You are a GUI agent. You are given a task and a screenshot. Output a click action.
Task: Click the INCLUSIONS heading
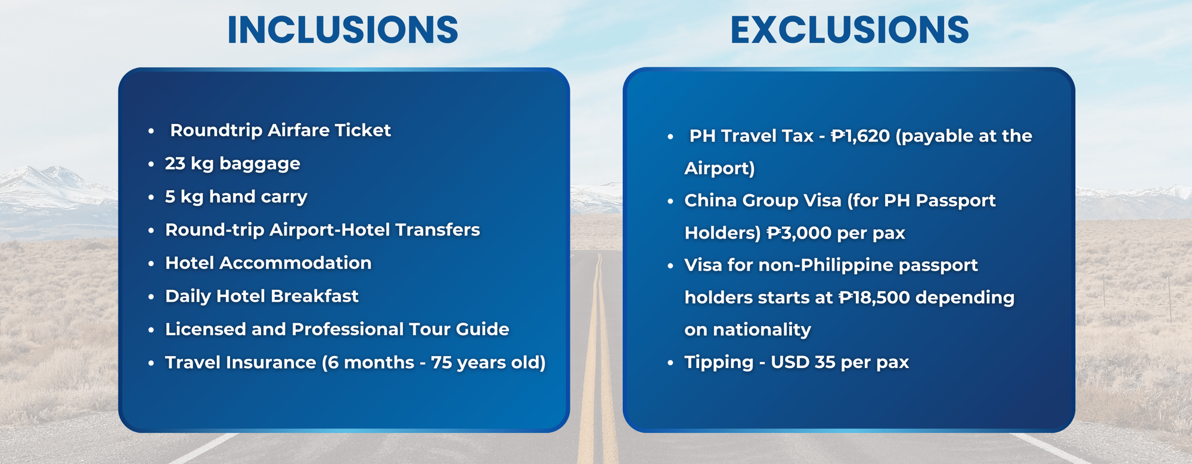pos(343,30)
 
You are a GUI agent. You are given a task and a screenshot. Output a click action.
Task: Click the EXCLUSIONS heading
pos(850,30)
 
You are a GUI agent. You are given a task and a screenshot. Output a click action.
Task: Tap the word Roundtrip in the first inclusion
pos(216,131)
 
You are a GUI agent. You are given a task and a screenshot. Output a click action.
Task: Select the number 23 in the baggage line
pos(175,163)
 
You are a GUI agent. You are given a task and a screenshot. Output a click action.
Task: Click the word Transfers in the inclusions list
pos(437,230)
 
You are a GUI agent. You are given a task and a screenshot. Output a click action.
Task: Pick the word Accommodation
pos(296,263)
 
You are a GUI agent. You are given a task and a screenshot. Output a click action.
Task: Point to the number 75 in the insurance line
pos(442,363)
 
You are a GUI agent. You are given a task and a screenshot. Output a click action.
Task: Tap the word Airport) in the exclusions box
pos(720,169)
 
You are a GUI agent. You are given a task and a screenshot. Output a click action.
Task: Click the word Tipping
pos(719,363)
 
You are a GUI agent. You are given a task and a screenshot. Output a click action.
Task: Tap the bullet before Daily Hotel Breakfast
pos(151,296)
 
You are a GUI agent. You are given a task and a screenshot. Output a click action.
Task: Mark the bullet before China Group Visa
pos(670,201)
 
